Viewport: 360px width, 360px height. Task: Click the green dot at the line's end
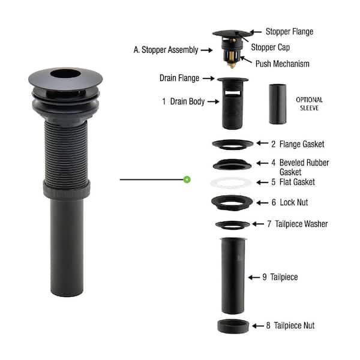pyautogui.click(x=187, y=179)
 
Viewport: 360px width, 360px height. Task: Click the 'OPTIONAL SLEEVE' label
pyautogui.click(x=309, y=104)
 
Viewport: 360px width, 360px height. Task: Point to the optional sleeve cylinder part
pyautogui.click(x=278, y=104)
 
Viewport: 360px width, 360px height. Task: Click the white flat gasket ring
pyautogui.click(x=232, y=182)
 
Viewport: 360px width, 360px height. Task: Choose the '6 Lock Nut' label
pyautogui.click(x=289, y=203)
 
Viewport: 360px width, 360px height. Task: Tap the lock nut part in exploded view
pyautogui.click(x=232, y=202)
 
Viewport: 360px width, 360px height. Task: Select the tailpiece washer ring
pyautogui.click(x=232, y=225)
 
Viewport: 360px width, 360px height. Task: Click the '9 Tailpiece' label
pyautogui.click(x=280, y=277)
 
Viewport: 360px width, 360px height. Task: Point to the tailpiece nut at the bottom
pyautogui.click(x=233, y=326)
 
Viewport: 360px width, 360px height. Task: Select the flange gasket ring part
pyautogui.click(x=232, y=144)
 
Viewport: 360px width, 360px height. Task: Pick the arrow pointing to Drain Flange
pyautogui.click(x=207, y=78)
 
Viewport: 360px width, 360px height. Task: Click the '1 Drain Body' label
pyautogui.click(x=182, y=102)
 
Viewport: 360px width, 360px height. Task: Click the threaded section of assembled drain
pyautogui.click(x=66, y=150)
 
